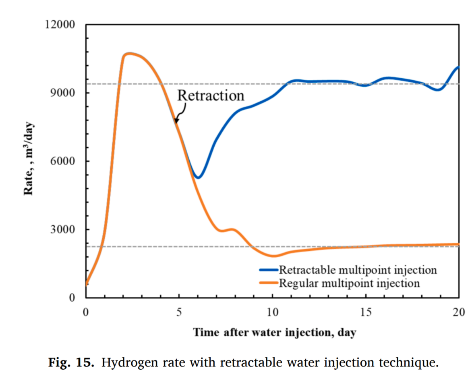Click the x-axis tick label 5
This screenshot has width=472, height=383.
[x=179, y=312]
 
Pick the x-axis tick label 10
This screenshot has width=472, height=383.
[x=273, y=312]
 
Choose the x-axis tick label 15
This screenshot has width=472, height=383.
[x=366, y=312]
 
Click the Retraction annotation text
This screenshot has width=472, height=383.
[x=211, y=96]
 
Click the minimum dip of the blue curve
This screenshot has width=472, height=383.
[x=198, y=177]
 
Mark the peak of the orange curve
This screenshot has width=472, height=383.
[x=129, y=53]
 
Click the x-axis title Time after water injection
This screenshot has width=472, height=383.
[x=274, y=333]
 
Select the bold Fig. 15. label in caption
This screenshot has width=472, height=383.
[x=71, y=362]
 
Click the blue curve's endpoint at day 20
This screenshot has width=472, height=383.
[x=459, y=67]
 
